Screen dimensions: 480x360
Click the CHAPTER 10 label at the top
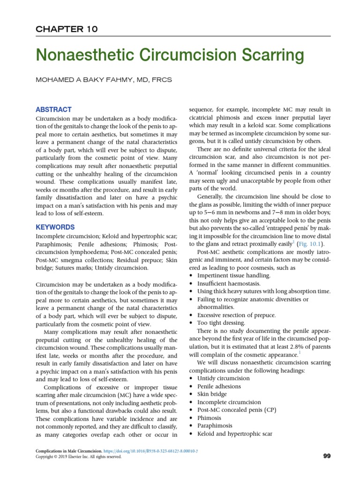[67, 29]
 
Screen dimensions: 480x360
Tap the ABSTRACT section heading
[54, 109]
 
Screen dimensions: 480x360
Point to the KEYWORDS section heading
[55, 227]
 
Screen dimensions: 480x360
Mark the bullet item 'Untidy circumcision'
[224, 378]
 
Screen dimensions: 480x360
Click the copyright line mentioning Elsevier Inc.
[79, 457]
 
